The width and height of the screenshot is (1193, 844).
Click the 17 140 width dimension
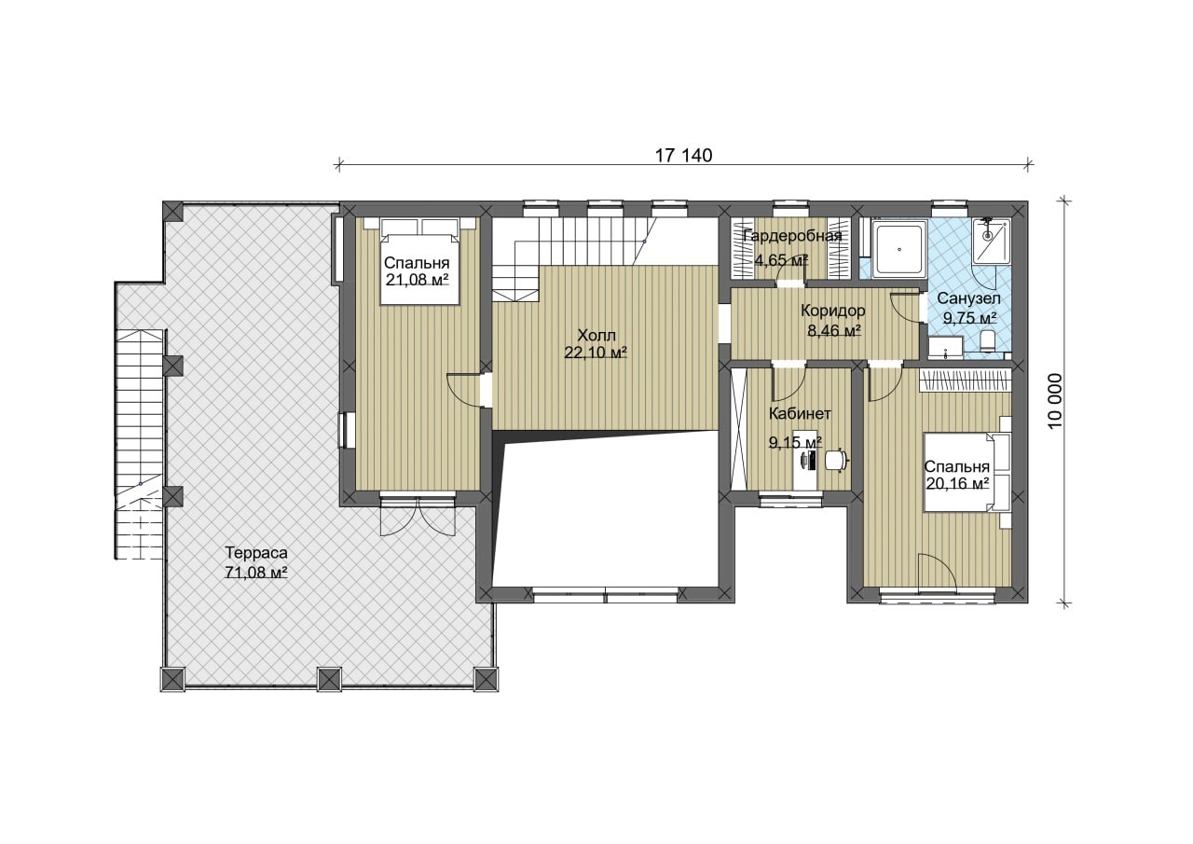coord(683,156)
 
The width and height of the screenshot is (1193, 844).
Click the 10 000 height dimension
coord(1054,400)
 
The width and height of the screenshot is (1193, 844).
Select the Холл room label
coord(596,335)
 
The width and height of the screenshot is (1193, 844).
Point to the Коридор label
coord(833,311)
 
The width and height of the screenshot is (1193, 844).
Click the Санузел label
coord(968,298)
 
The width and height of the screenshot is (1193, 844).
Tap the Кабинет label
coord(800,413)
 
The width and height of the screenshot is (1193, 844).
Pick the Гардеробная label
coord(792,236)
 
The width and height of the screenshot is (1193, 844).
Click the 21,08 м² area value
coord(417,279)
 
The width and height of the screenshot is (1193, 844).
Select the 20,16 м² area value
coord(957,483)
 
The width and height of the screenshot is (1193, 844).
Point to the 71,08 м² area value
coord(256,572)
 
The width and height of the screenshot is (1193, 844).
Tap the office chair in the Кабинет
coord(837,460)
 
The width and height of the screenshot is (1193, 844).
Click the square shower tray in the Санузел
coord(899,249)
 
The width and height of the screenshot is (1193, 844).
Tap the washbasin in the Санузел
coord(945,347)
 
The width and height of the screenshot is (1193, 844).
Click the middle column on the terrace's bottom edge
coord(329,679)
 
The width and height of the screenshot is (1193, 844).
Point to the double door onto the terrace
coord(418,515)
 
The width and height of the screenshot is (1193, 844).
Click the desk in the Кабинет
coord(805,460)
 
